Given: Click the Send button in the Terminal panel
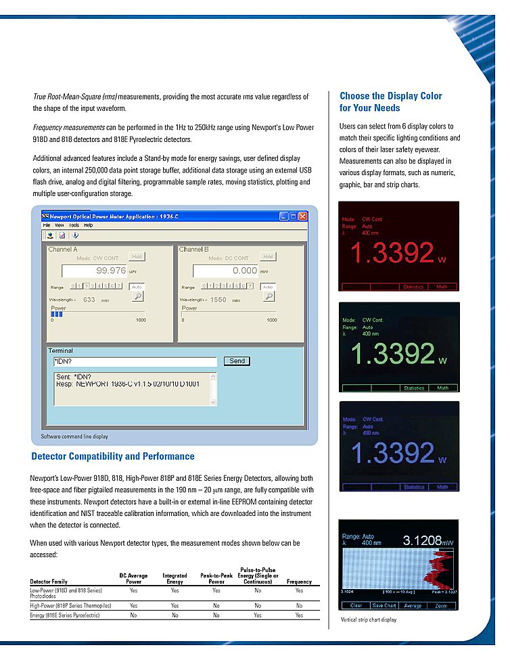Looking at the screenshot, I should (237, 361).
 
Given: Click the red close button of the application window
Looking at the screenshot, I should (303, 216).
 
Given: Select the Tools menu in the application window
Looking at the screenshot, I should (74, 225).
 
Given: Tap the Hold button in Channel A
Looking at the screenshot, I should (137, 257).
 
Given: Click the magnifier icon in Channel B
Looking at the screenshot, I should (269, 296).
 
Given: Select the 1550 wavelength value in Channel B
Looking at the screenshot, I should (218, 300).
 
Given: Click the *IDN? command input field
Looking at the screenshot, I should (135, 361).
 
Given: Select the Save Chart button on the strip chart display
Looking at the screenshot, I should (384, 605).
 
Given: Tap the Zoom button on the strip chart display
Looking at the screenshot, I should (441, 605).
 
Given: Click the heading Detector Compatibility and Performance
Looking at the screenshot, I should (113, 456).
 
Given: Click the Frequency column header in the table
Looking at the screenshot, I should (299, 582).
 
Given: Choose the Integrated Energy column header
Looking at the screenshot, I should (175, 579).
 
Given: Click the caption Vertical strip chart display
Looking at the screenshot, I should (369, 619).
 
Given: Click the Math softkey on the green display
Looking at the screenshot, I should (443, 388).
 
